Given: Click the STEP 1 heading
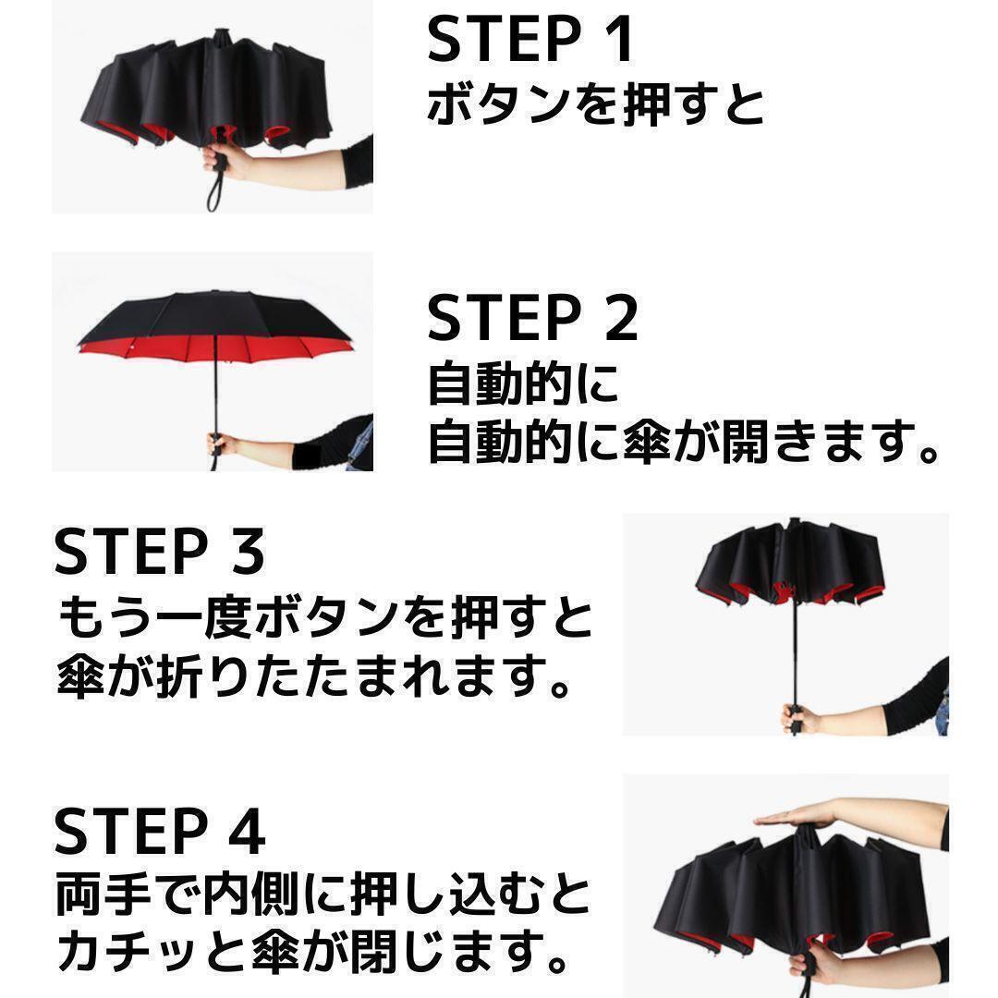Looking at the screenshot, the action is click(x=530, y=39).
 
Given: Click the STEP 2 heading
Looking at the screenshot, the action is click(x=532, y=317).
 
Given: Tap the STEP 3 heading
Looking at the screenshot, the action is click(x=159, y=551).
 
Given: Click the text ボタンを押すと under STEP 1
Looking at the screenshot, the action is click(x=596, y=104).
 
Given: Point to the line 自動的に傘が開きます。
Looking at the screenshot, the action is click(x=684, y=441).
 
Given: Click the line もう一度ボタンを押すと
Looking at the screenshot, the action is click(x=325, y=617).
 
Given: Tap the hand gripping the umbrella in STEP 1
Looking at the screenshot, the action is click(x=225, y=161).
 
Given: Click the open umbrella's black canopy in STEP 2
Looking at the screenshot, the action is click(x=213, y=316).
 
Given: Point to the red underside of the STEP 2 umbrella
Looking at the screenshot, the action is click(x=214, y=350).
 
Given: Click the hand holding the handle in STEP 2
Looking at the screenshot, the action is click(x=220, y=444).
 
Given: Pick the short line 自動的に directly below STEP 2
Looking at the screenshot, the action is click(x=523, y=383).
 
